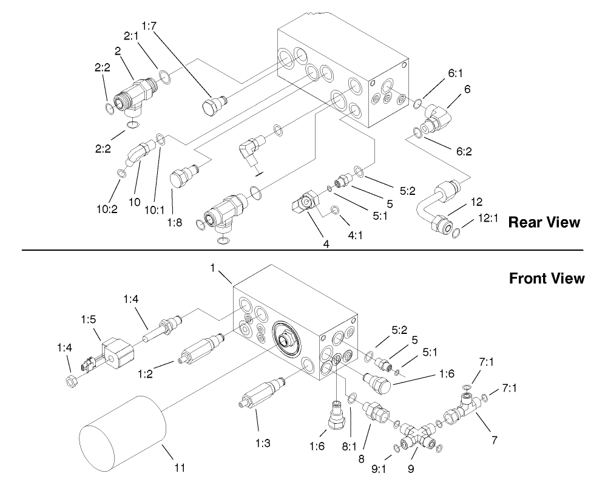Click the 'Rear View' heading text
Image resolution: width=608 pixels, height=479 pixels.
pos(544,222)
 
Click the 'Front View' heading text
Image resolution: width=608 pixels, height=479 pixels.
pos(546,279)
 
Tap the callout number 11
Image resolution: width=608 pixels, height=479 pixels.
pos(180,468)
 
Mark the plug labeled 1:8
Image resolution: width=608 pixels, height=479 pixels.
pos(181,177)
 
